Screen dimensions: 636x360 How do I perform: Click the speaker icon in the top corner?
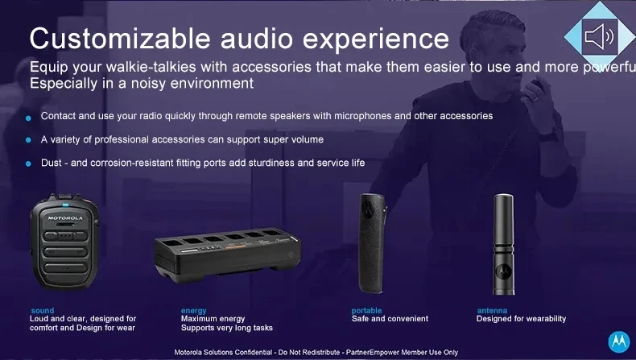(x=600, y=37)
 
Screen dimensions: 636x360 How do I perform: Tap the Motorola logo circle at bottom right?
(x=619, y=341)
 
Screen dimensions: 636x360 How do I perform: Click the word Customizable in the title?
(x=120, y=39)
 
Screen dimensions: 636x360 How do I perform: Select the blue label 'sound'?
(x=43, y=311)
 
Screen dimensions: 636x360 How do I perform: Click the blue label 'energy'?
(x=193, y=311)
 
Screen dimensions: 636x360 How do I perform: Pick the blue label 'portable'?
(x=366, y=311)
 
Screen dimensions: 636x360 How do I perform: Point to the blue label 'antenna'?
(x=492, y=311)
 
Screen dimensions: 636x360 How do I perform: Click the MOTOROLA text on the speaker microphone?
(x=65, y=218)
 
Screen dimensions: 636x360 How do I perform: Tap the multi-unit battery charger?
(x=227, y=254)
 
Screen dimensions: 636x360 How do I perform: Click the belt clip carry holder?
(x=372, y=243)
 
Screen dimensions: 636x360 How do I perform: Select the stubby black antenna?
(x=503, y=244)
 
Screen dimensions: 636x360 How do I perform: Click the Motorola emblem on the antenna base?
(x=504, y=271)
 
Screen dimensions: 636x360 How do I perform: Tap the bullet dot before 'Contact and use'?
(x=28, y=118)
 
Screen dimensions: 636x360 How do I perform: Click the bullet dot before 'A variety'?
(x=28, y=140)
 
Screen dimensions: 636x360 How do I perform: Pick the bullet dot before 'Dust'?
(x=28, y=163)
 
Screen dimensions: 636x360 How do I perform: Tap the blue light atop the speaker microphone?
(x=65, y=205)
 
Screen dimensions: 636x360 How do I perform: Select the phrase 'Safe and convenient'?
(x=390, y=319)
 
